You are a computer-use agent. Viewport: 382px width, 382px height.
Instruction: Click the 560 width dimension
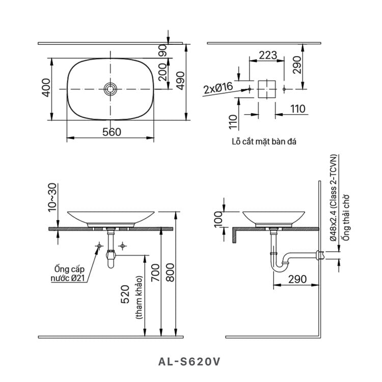pyautogui.click(x=112, y=132)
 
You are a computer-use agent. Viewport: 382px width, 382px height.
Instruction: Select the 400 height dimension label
pyautogui.click(x=46, y=89)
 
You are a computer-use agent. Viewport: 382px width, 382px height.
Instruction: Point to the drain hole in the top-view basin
pyautogui.click(x=111, y=89)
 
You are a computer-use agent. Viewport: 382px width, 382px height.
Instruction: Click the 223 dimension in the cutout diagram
pyautogui.click(x=267, y=55)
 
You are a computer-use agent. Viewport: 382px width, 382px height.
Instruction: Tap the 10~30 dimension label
pyautogui.click(x=51, y=198)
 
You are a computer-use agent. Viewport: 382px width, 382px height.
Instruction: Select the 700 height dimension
pyautogui.click(x=155, y=273)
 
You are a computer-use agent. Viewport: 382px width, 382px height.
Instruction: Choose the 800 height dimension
pyautogui.click(x=170, y=273)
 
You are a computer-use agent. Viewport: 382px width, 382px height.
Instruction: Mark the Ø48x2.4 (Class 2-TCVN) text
pyautogui.click(x=333, y=199)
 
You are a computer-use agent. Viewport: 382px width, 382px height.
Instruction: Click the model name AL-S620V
pyautogui.click(x=190, y=362)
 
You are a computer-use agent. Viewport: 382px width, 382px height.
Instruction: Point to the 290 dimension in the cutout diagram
pyautogui.click(x=297, y=65)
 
